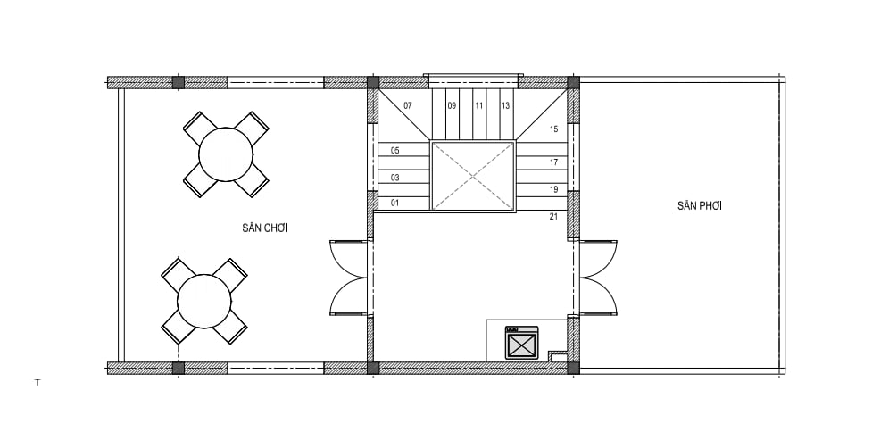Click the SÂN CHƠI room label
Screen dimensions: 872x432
click(265, 228)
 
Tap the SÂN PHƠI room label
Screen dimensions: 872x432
click(700, 205)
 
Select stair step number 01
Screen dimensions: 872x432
click(394, 203)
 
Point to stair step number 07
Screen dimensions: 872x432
click(408, 105)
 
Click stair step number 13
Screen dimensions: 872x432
click(505, 105)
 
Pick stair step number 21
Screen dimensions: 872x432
click(553, 217)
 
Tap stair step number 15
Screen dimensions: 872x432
click(553, 129)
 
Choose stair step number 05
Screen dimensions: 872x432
click(394, 150)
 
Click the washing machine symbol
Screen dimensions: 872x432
click(521, 343)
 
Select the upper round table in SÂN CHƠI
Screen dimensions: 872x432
click(226, 154)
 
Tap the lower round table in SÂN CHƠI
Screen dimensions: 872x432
click(204, 302)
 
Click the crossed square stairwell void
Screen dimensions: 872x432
click(473, 176)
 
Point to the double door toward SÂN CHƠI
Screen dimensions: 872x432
click(349, 278)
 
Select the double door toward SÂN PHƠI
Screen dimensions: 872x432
click(598, 278)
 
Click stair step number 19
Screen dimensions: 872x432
click(553, 189)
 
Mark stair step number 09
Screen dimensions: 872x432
click(452, 105)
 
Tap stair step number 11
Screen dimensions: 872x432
click(478, 105)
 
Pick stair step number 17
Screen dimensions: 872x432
click(553, 162)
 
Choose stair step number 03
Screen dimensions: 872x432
click(394, 178)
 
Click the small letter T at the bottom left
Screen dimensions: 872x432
click(37, 382)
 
